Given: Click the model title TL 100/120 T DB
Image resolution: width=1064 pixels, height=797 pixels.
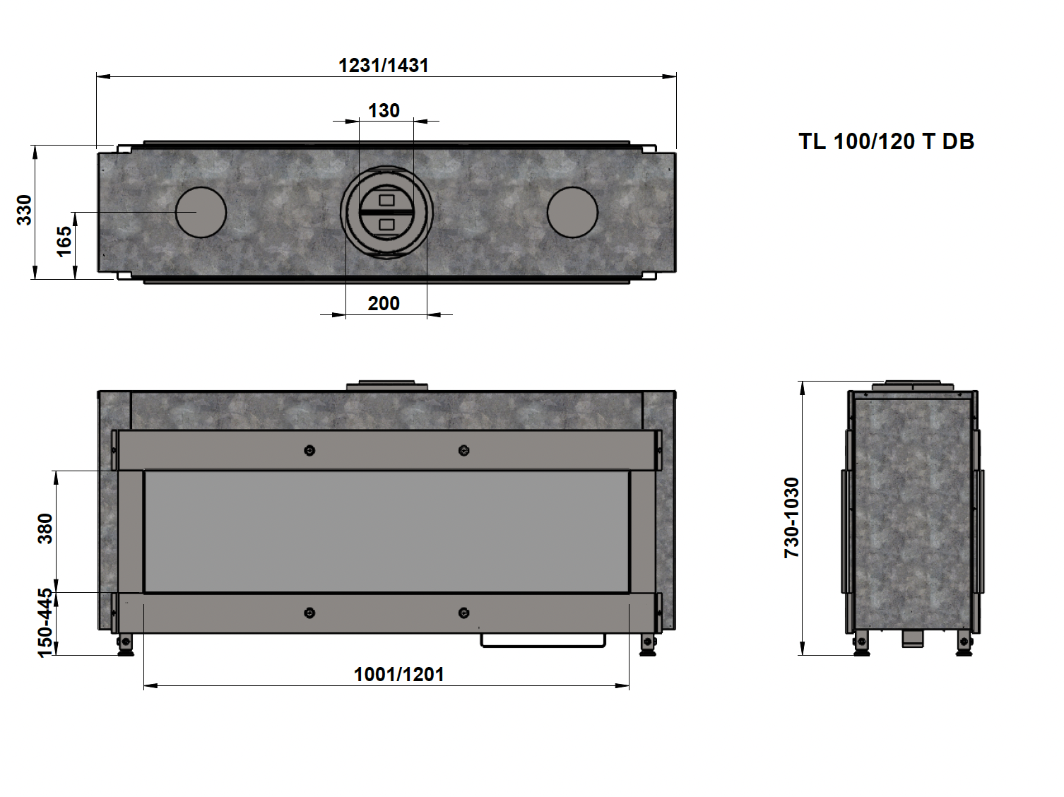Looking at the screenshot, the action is pos(886,141).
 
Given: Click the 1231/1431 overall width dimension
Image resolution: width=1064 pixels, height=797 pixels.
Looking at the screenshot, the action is pos(384,66).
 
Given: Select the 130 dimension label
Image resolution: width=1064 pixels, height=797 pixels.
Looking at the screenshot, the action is pos(384,110).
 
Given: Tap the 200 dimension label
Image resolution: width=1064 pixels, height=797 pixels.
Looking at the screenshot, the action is pos(384,304).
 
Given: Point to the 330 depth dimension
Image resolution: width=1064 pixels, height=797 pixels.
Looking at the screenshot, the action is pos(24,210).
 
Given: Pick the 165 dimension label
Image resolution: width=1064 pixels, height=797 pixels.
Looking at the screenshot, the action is pos(64,241).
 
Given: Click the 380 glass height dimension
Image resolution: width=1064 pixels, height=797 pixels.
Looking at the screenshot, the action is pos(45,529).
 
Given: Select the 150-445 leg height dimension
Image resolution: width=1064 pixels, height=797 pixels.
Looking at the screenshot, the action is pos(45,622).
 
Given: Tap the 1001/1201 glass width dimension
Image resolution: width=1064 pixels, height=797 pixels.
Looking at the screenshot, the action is pos(399,674).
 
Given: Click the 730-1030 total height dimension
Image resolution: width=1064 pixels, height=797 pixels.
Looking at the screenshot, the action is pos(791,518).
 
